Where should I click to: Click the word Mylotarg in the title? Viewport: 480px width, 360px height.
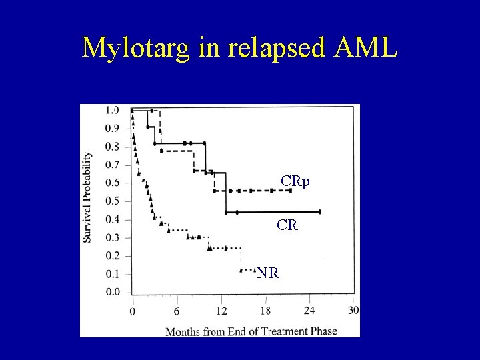pos(137,47)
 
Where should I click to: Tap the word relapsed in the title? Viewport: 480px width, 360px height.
pos(273,47)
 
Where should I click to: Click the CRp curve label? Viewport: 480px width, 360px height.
pos(295,181)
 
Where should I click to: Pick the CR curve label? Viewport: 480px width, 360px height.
pos(287,225)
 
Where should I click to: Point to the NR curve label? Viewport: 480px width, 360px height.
pos(268,273)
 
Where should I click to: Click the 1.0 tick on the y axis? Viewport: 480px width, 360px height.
pos(112,110)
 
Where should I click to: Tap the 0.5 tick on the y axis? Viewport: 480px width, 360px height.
pos(112,201)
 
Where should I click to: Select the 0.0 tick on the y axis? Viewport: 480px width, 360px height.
pos(112,292)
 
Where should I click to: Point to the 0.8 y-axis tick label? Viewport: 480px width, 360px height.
pos(112,147)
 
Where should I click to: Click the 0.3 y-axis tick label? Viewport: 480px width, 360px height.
pos(112,237)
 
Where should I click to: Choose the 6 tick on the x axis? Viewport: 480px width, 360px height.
pos(177,311)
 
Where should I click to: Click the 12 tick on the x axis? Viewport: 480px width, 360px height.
pos(221,311)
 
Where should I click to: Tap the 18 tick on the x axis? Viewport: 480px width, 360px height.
pos(265,311)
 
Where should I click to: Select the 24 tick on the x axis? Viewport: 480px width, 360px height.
pos(309,311)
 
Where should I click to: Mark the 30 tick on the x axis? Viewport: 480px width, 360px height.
pos(353,311)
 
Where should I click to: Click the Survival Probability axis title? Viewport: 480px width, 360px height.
pos(87,197)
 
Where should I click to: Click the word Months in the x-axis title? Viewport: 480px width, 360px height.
pos(181,331)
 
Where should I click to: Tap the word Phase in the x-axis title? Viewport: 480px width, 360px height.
pos(323,331)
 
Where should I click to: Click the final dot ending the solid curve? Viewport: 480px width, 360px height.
pos(320,211)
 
